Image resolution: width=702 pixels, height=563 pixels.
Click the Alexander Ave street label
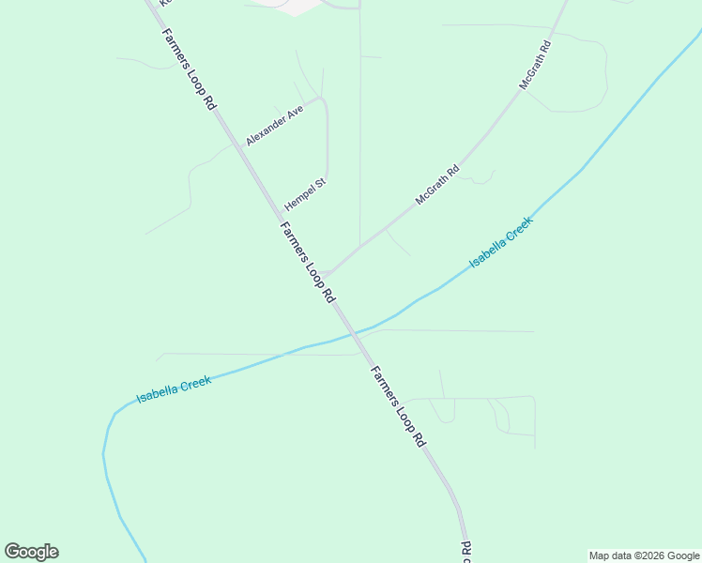(275, 125)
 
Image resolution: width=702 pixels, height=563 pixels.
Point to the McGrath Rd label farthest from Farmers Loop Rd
(536, 65)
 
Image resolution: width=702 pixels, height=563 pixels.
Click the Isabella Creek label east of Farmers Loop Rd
(500, 242)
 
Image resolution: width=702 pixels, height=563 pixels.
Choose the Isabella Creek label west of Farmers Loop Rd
(174, 389)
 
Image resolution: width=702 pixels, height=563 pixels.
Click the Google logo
(31, 552)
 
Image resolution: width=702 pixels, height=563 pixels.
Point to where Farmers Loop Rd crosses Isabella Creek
(352, 334)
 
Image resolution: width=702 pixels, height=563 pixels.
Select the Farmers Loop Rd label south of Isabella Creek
(398, 405)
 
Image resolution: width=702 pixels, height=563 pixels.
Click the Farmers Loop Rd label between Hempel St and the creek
(307, 262)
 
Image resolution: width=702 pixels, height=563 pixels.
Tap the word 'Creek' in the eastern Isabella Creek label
(514, 232)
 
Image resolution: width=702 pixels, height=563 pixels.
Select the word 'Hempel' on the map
(299, 199)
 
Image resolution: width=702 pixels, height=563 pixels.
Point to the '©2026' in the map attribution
(649, 555)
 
